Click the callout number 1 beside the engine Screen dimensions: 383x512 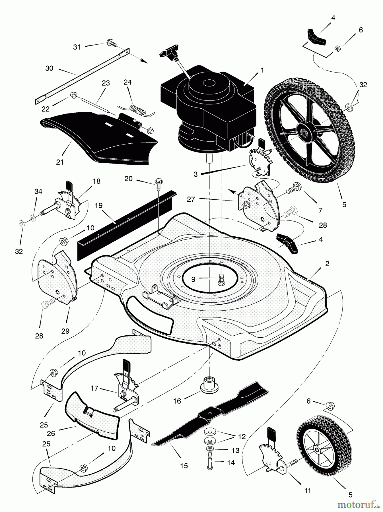tap(262, 70)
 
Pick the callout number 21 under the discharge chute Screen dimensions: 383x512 tap(60, 162)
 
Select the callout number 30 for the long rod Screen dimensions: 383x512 tap(49, 68)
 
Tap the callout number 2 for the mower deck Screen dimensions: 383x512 tap(327, 264)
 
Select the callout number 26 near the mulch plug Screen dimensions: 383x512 tap(52, 433)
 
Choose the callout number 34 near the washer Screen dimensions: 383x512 tap(38, 191)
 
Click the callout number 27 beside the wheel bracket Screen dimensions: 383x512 tap(191, 199)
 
